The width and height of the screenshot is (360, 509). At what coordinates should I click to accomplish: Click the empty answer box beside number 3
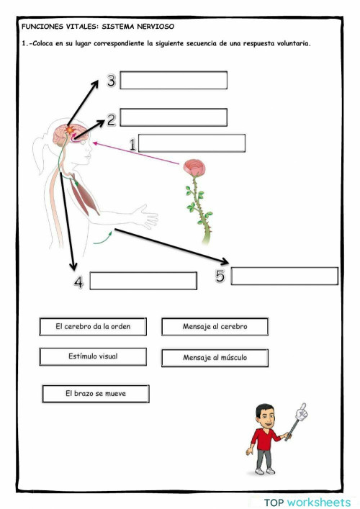(x=174, y=80)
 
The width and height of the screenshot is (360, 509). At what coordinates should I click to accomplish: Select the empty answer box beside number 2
(x=174, y=117)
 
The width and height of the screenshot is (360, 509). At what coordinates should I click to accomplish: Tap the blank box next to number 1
(x=192, y=143)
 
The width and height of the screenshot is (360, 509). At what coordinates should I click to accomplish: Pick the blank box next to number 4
(x=143, y=281)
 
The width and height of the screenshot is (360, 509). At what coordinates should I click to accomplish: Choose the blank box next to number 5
(x=284, y=276)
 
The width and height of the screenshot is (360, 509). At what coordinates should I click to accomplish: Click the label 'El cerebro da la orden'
(x=93, y=327)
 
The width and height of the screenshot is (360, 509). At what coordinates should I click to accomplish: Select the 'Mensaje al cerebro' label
(x=215, y=327)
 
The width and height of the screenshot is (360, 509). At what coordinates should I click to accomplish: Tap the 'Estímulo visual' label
(x=93, y=356)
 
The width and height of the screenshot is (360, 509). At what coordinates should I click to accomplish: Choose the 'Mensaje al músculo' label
(x=215, y=358)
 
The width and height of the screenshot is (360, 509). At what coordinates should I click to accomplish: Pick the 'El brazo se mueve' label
(x=96, y=394)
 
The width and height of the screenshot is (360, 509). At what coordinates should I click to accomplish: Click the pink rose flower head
(x=194, y=168)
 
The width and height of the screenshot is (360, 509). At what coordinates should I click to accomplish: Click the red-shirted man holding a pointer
(x=267, y=438)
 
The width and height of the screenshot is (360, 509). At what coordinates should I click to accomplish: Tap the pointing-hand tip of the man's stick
(x=302, y=412)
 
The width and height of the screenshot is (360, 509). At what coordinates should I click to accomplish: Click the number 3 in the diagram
(x=111, y=81)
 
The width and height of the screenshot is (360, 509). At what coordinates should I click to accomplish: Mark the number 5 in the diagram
(x=220, y=276)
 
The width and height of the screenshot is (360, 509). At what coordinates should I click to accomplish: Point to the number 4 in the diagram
(x=78, y=283)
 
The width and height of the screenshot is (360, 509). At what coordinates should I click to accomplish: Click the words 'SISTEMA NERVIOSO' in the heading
(x=138, y=26)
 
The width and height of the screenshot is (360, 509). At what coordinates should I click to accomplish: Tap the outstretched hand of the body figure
(x=149, y=218)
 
